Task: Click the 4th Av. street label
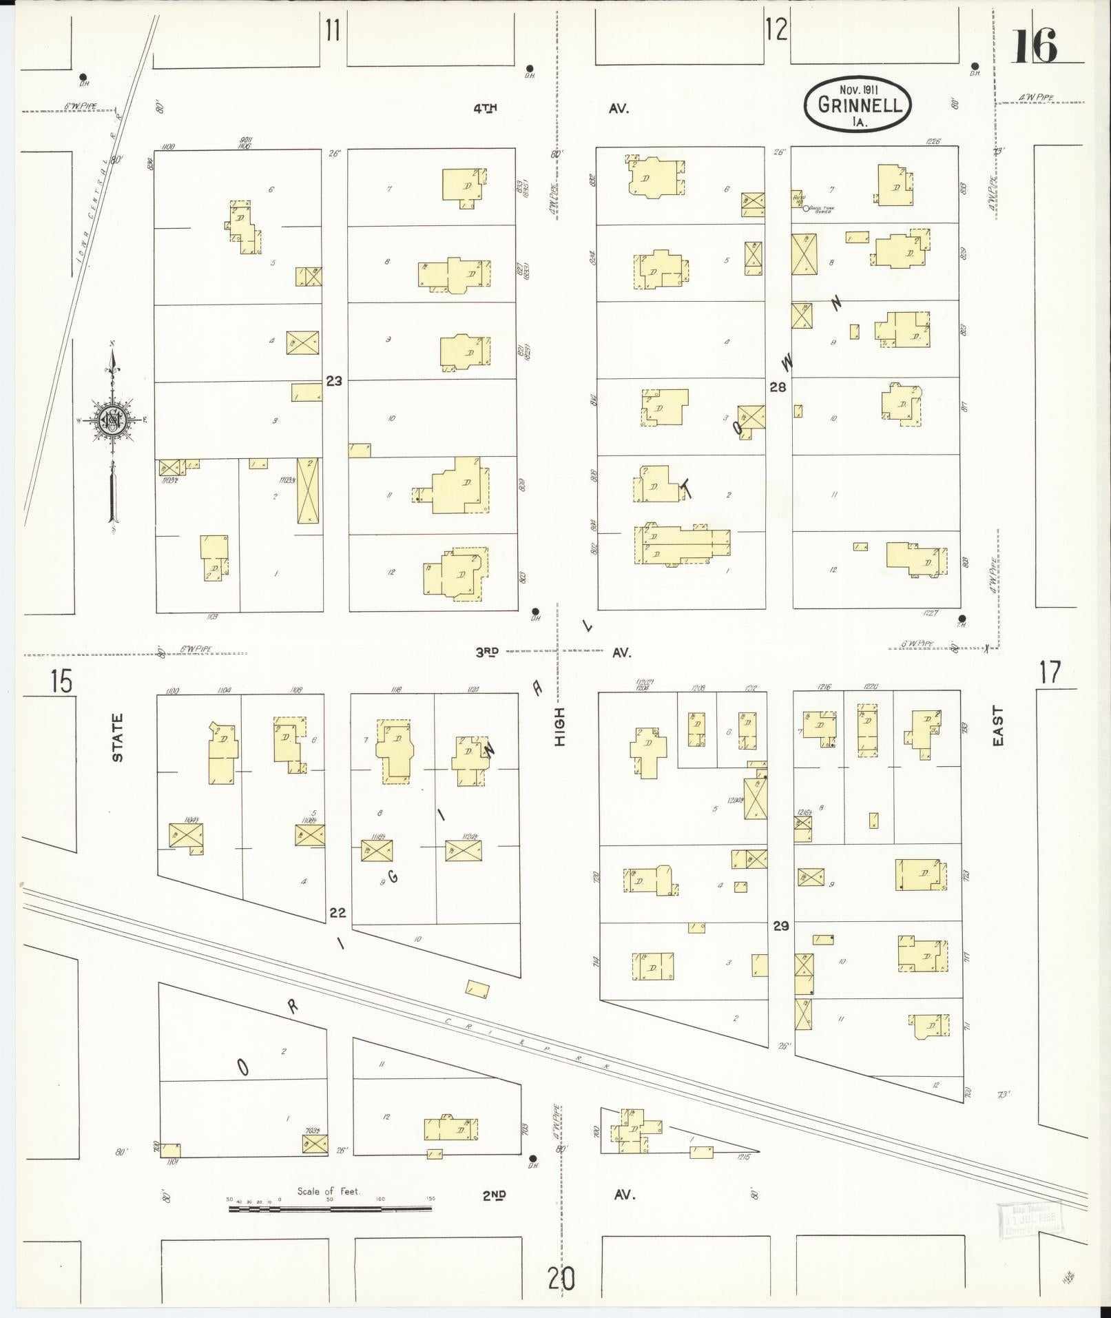[x=486, y=108]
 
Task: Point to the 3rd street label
[x=486, y=652]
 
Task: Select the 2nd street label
[x=495, y=1195]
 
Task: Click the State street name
[x=118, y=738]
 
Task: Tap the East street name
[x=997, y=726]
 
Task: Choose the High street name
[x=559, y=726]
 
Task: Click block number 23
[x=334, y=380]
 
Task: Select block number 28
[x=778, y=387]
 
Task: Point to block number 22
[x=337, y=913]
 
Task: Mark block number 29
[x=780, y=926]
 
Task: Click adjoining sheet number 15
[x=61, y=682]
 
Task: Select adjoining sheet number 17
[x=1050, y=672]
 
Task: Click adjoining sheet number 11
[x=333, y=31]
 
